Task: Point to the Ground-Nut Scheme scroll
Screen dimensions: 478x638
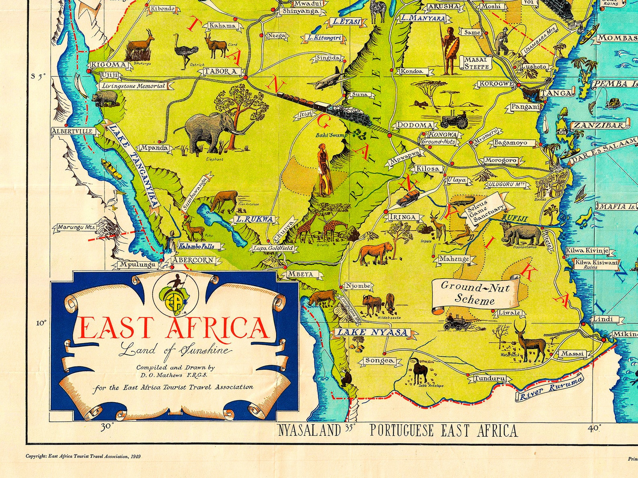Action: click(x=475, y=293)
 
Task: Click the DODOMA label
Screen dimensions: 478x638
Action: click(x=415, y=125)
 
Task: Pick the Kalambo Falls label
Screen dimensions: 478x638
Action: click(x=196, y=246)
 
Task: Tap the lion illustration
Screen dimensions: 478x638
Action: click(x=374, y=253)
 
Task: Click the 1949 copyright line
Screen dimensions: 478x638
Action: click(x=83, y=456)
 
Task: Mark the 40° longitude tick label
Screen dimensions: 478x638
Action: click(x=594, y=428)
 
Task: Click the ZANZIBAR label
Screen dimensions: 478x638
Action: click(x=600, y=125)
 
